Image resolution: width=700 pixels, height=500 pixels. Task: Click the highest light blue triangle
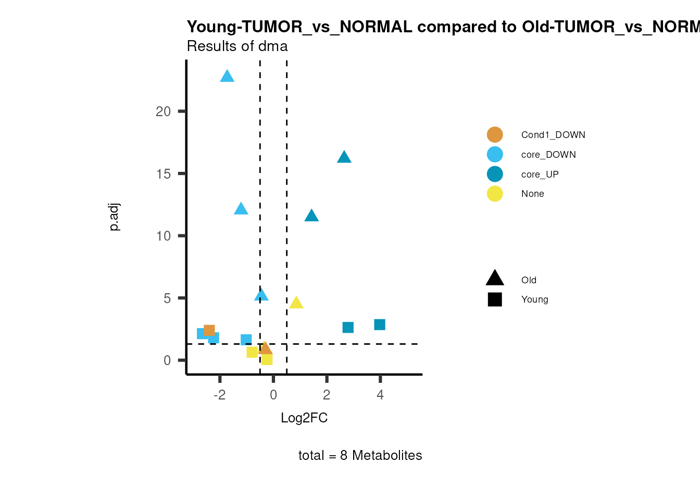[227, 77]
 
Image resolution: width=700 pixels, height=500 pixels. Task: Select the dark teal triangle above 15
[344, 157]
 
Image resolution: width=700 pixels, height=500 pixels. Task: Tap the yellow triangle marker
[296, 303]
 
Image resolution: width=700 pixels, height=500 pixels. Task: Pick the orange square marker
[209, 330]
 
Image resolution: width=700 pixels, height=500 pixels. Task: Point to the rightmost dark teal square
[380, 324]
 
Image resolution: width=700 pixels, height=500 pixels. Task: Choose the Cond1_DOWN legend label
[553, 135]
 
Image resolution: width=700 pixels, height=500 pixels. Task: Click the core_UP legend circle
[495, 174]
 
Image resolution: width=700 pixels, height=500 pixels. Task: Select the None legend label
[532, 194]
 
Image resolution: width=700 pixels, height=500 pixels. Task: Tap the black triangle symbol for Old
[495, 279]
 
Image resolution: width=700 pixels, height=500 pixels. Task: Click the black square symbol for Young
[495, 299]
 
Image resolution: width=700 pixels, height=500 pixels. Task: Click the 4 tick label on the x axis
[380, 395]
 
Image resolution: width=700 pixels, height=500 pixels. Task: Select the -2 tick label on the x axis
[220, 395]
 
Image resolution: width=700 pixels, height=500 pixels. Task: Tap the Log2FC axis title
[304, 418]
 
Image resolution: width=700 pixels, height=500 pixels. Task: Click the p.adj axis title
[115, 217]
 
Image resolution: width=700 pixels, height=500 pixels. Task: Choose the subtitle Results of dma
[238, 46]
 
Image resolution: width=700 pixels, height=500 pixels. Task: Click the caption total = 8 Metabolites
[360, 456]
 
